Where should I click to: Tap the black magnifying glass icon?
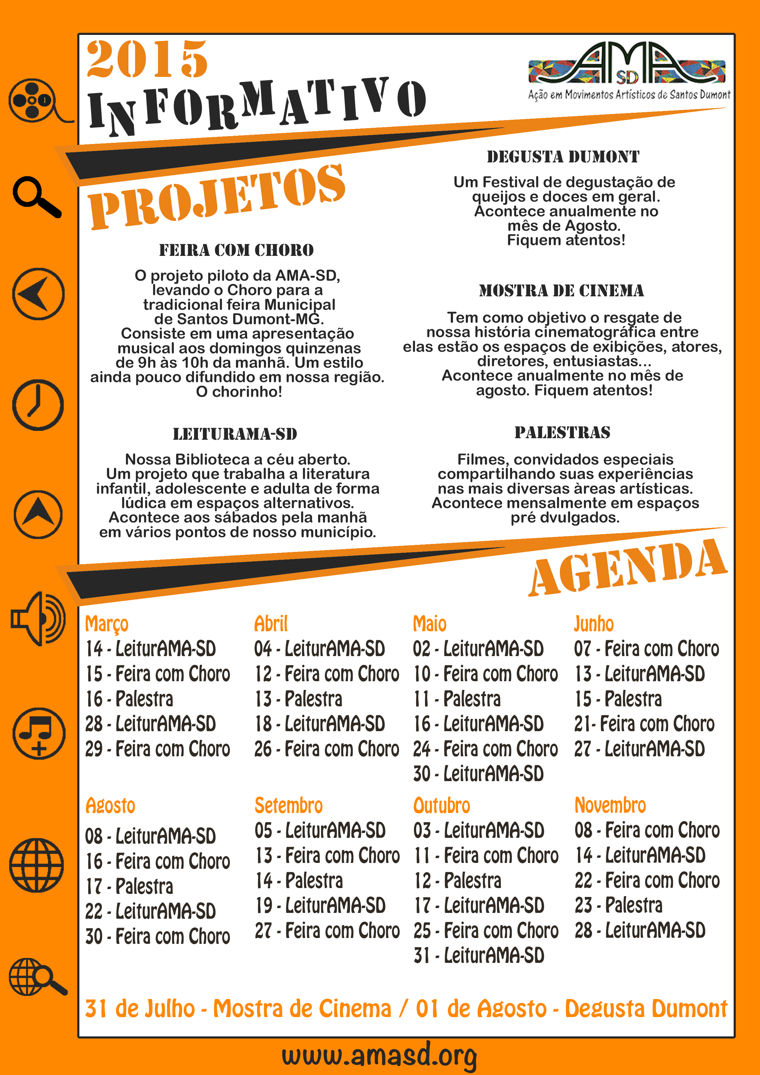point(36,197)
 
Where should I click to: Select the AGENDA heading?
point(628,569)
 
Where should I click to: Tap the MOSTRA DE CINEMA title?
point(561,291)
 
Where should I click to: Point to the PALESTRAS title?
point(562,432)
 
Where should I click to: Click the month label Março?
point(107,624)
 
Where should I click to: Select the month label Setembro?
point(288,806)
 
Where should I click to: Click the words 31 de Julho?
point(139,1009)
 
